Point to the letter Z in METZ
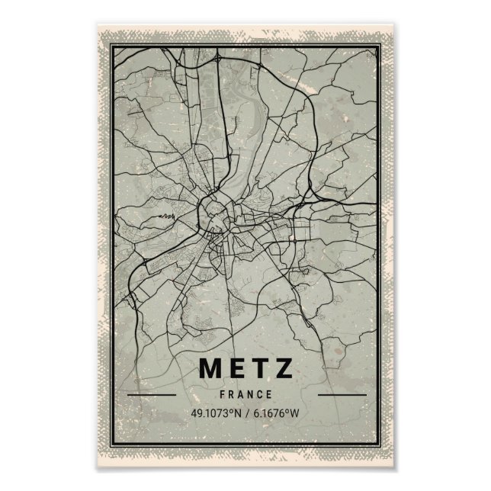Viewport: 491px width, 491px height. (x=284, y=369)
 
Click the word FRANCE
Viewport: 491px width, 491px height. (x=245, y=394)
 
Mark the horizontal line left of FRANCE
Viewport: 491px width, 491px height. (x=152, y=395)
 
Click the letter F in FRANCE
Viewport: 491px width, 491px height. (x=220, y=394)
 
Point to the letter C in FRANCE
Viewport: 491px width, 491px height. (x=260, y=394)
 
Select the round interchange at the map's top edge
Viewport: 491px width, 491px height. (x=218, y=57)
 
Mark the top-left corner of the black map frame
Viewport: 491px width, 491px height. (x=111, y=45)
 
